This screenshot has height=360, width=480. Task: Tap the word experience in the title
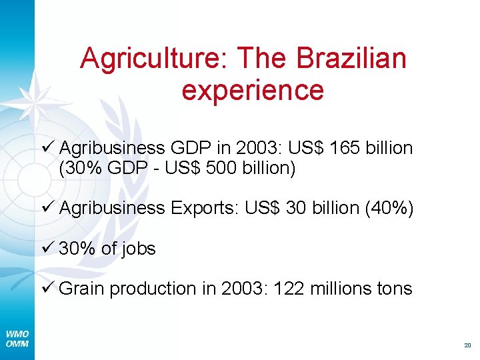(x=252, y=90)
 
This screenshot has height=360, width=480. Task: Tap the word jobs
(x=137, y=249)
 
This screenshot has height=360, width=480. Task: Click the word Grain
(x=82, y=289)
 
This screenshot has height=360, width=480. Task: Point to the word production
(x=153, y=289)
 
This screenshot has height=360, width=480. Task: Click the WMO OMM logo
(x=17, y=339)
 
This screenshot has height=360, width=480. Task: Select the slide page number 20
(x=467, y=345)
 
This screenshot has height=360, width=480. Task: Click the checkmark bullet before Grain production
(x=47, y=289)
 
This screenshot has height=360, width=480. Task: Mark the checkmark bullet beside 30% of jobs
(x=47, y=249)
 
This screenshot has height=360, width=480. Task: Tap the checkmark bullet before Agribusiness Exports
(x=47, y=209)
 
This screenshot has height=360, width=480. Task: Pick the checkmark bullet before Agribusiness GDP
(x=47, y=147)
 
